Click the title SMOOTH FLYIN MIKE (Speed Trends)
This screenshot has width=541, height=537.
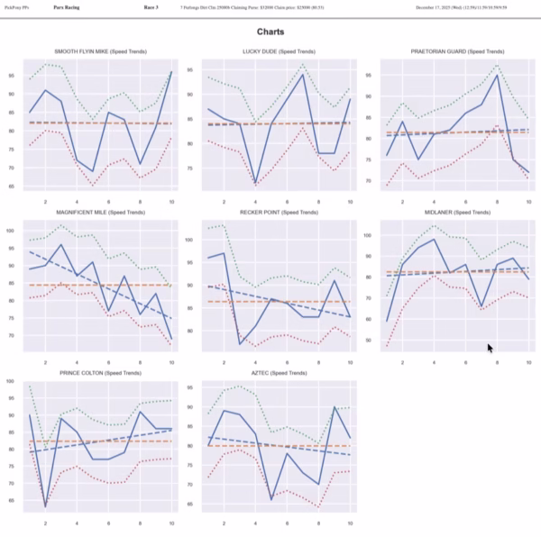coord(100,52)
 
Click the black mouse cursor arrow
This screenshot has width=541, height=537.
coord(490,348)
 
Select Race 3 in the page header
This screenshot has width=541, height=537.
coord(151,7)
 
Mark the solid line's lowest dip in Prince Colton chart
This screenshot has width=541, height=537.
coord(46,507)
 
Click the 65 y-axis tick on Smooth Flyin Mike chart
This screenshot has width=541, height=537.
coord(13,187)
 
